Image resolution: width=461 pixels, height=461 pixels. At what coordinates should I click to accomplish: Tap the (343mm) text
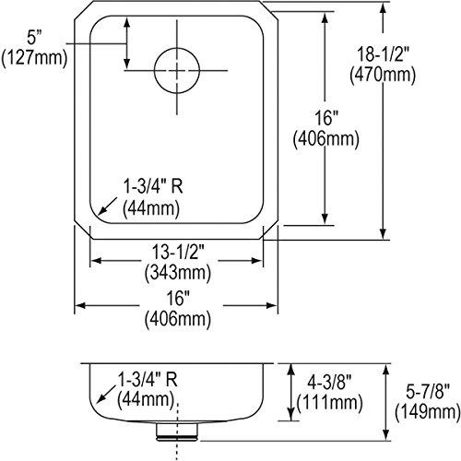pyautogui.click(x=177, y=274)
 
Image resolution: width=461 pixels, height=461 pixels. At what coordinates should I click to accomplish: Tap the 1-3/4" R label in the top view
pyautogui.click(x=152, y=187)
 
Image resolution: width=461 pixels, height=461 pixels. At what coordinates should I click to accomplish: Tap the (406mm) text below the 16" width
pyautogui.click(x=177, y=319)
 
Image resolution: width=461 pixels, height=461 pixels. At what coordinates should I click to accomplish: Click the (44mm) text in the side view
pyautogui.click(x=145, y=399)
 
